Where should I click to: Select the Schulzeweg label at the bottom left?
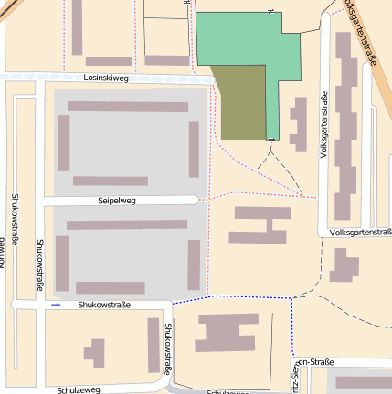coord(78,389)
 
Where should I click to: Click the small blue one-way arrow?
coord(57,305)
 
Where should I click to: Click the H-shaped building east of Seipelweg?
coord(260,224)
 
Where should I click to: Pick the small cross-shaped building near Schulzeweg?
coord(94,352)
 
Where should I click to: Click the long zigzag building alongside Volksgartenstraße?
coord(345,128)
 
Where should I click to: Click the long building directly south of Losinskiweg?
coord(128,107)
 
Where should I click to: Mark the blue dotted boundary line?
coord(233,296)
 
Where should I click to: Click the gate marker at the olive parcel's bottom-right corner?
coord(270,140)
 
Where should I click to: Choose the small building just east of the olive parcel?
coord(298,123)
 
